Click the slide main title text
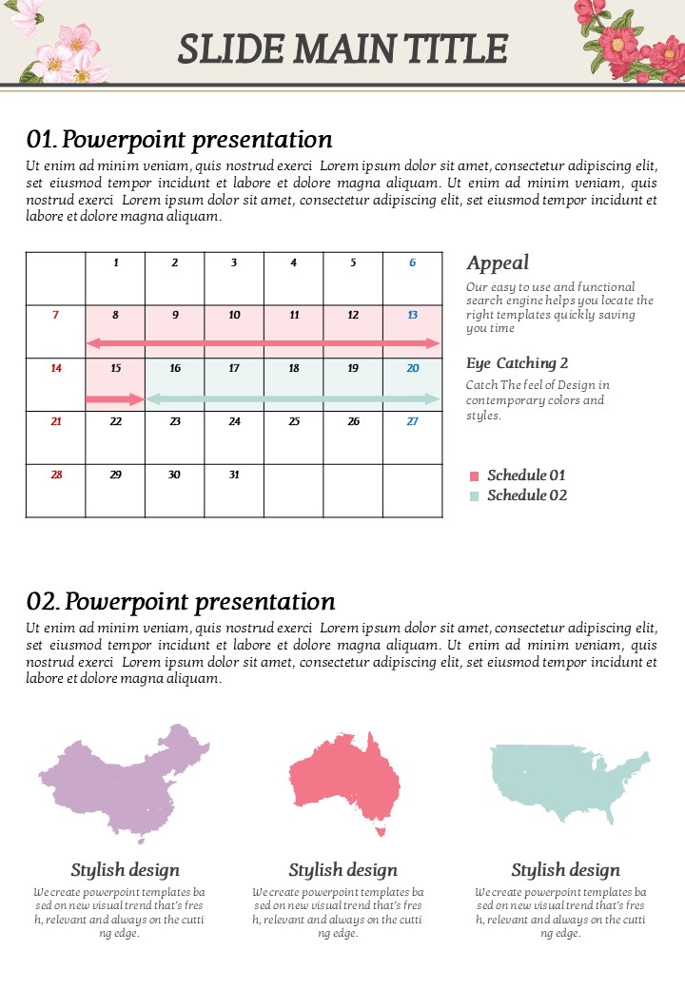coord(342,48)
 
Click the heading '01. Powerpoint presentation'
coord(180,140)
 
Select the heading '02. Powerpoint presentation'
coord(181,602)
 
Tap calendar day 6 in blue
coord(412,262)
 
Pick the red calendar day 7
coord(55,315)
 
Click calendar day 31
coord(234,475)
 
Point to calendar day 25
coord(294,421)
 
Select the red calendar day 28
coord(56,475)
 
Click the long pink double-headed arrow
coord(264,342)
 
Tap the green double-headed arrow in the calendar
coord(293,399)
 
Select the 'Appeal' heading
coord(498,263)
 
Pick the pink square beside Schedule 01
coord(475,476)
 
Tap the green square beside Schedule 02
coord(475,496)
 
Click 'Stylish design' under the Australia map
coord(342,870)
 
